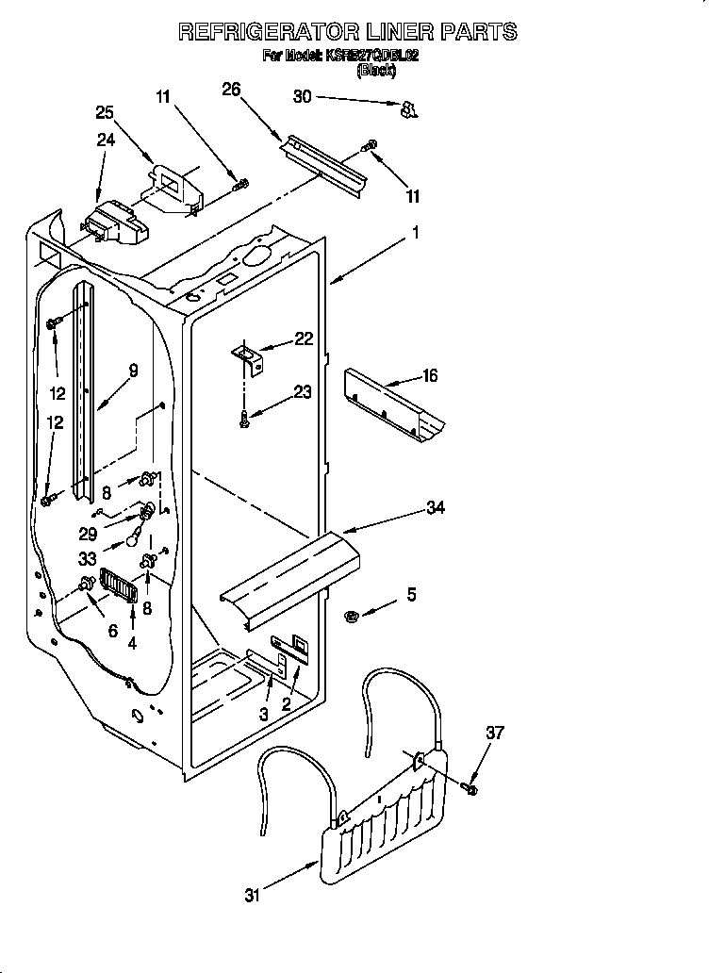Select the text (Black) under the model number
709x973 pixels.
click(375, 70)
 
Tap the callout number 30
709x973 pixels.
click(302, 95)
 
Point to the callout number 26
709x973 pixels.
click(231, 90)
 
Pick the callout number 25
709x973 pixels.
click(105, 112)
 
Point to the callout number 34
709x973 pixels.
click(435, 508)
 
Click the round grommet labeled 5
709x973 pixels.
click(352, 617)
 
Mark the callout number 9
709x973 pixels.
click(132, 371)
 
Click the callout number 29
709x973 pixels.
click(87, 533)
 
